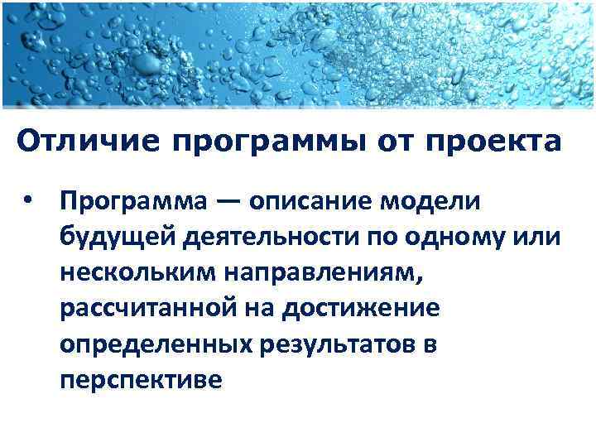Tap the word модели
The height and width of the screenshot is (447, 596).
pos(437,202)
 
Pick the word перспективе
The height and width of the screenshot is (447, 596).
pos(141,379)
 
